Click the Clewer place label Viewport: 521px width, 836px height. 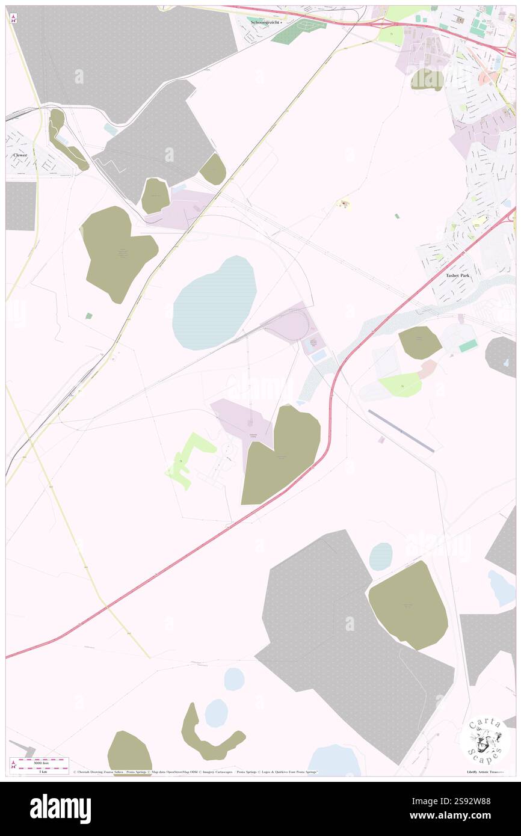tap(20, 155)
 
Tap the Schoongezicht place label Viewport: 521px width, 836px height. tap(265, 22)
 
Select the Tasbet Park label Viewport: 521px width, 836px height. tap(457, 275)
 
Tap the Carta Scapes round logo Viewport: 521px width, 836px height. tap(485, 740)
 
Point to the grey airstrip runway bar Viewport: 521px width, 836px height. tap(401, 431)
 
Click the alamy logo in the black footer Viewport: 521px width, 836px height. tap(60, 809)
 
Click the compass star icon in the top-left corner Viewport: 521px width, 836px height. tap(13, 18)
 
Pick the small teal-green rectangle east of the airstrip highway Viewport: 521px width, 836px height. tap(467, 346)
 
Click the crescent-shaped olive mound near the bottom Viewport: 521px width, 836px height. tap(208, 737)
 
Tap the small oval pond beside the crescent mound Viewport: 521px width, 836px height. tap(216, 713)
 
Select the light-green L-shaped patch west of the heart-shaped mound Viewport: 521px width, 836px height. tap(188, 459)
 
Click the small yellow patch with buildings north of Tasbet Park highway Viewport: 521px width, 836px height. tap(345, 205)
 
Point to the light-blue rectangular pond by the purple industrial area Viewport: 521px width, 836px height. tap(318, 355)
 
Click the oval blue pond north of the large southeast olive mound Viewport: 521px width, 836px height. tap(380, 556)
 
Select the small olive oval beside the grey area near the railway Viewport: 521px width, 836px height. tap(212, 169)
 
